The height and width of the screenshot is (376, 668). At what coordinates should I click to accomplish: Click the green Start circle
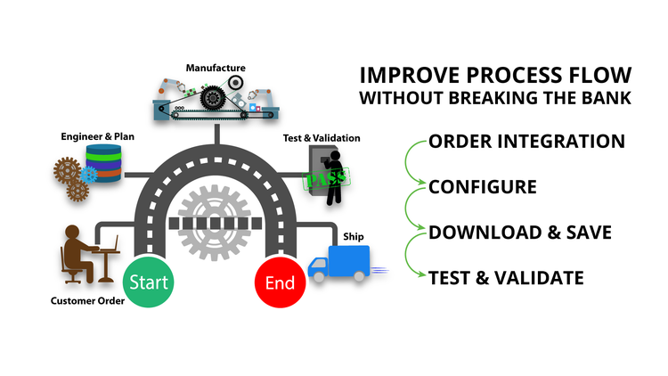tap(149, 282)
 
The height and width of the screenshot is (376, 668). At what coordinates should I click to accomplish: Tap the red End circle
tap(281, 284)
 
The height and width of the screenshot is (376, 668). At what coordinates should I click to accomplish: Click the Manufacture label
tap(216, 67)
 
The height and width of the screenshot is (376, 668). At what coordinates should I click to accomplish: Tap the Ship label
tap(354, 236)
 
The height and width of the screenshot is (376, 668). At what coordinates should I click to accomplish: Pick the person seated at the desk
tap(78, 251)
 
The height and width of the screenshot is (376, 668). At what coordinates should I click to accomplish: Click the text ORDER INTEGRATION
tap(525, 141)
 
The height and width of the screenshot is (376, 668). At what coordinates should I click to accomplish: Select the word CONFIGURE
tap(482, 187)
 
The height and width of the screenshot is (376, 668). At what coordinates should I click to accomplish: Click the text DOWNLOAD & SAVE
tap(519, 233)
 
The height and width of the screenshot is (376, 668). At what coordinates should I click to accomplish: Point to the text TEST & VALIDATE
tap(506, 278)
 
